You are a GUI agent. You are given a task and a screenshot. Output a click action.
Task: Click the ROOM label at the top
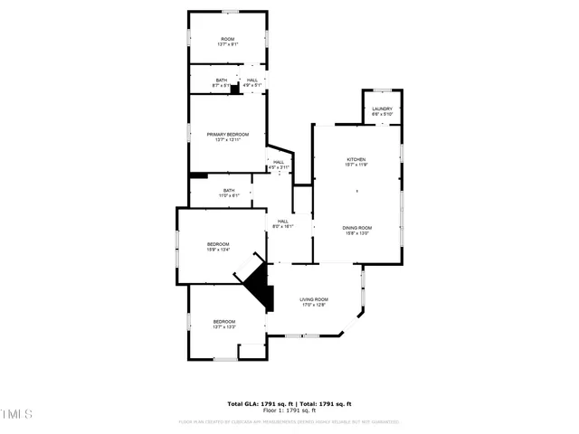point(227,39)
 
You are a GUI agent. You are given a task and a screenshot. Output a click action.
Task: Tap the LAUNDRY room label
point(382,108)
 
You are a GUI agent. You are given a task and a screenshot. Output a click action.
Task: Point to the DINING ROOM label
point(356,227)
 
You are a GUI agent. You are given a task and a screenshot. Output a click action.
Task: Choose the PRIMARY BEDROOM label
point(227,134)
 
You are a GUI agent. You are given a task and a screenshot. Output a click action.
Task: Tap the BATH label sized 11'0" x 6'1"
point(229,190)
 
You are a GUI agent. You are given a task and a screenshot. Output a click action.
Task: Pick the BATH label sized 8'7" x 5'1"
point(221,80)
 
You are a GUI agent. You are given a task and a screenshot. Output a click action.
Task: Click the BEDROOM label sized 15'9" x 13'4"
point(218,243)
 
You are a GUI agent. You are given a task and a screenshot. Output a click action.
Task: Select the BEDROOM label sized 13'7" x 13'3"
point(224,322)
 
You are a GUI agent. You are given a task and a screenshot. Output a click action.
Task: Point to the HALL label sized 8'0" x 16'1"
point(283,221)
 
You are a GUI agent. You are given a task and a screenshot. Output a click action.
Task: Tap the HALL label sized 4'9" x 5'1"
point(252,80)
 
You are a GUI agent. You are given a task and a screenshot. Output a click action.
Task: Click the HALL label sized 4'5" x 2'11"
point(279,162)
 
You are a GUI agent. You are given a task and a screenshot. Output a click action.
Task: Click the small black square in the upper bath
point(234,89)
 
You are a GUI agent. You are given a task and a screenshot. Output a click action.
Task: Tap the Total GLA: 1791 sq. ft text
point(258,404)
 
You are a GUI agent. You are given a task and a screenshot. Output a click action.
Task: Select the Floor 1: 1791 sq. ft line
point(289,411)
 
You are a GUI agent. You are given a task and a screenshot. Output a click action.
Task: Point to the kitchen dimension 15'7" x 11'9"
point(356,164)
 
